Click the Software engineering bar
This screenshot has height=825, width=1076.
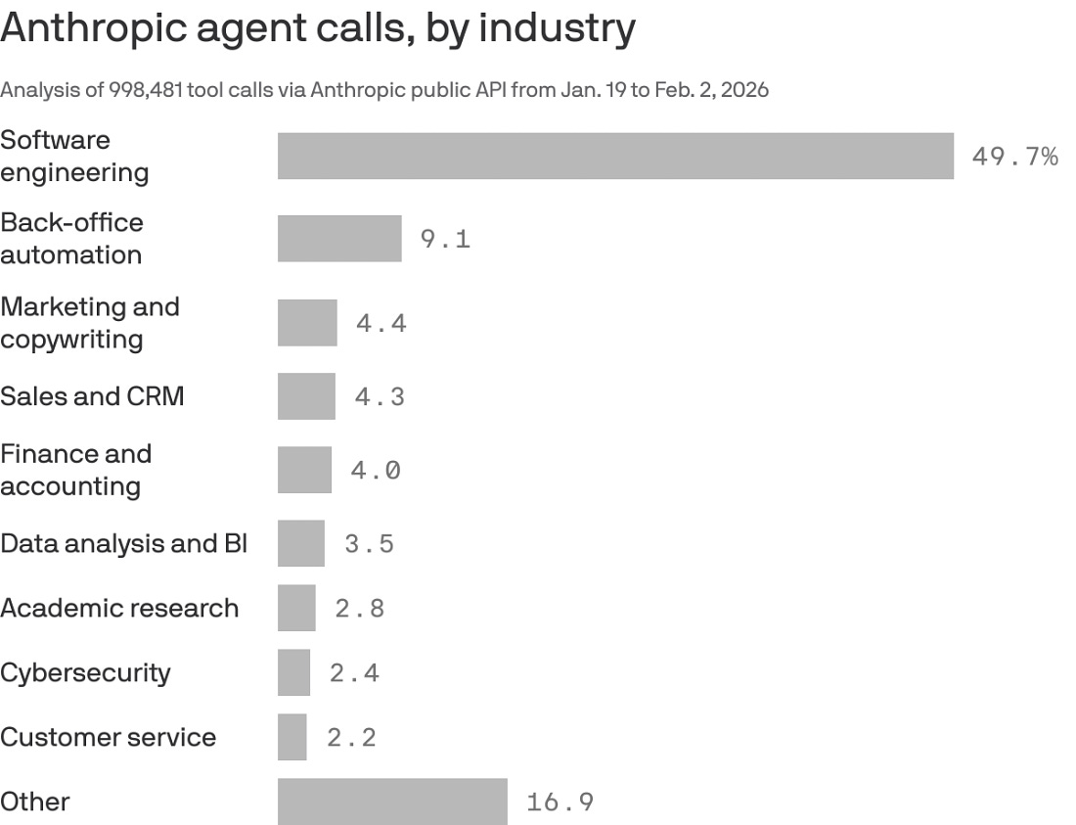coord(615,157)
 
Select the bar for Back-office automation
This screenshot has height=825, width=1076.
coord(339,239)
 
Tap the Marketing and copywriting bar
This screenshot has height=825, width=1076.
coord(307,323)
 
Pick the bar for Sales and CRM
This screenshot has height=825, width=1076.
coord(306,396)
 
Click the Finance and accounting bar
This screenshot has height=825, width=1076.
coord(304,470)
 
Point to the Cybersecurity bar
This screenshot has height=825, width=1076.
coord(293,672)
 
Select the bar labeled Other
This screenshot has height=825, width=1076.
coord(392,802)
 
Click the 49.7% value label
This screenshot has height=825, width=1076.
coord(1014,157)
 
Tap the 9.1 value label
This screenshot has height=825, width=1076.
coord(445,239)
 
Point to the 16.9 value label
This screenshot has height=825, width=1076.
coord(560,802)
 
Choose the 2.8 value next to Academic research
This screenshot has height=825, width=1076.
coord(360,609)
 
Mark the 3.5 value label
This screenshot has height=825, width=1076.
coord(369,544)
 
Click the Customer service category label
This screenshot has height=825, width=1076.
coord(108,737)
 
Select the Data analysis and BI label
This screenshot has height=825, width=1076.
coord(123,543)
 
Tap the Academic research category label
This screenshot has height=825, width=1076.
coord(119,608)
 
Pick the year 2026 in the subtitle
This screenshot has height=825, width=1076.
coord(744,90)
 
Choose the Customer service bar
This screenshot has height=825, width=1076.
coord(291,737)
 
